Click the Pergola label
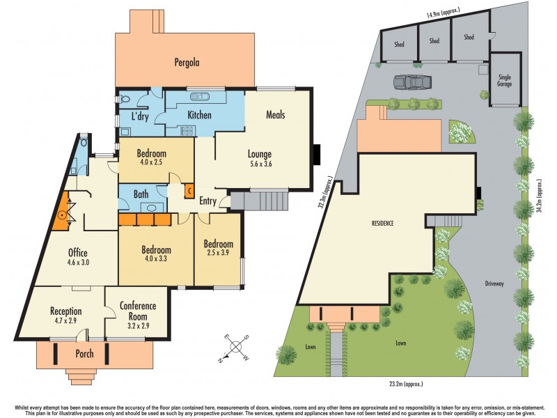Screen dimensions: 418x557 pos(187,62)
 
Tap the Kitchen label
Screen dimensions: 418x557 pos(198,115)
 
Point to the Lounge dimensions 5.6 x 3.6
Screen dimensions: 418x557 pos(260,165)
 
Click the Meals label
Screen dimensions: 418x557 pos(274,114)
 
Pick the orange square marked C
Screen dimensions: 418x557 pos(189,189)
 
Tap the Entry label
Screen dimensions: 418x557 pos(208,201)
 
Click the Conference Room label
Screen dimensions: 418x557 pos(137,311)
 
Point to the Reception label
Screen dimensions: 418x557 pos(65,311)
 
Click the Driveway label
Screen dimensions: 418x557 pos(498,284)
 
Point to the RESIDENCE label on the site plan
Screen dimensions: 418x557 pos(382,223)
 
